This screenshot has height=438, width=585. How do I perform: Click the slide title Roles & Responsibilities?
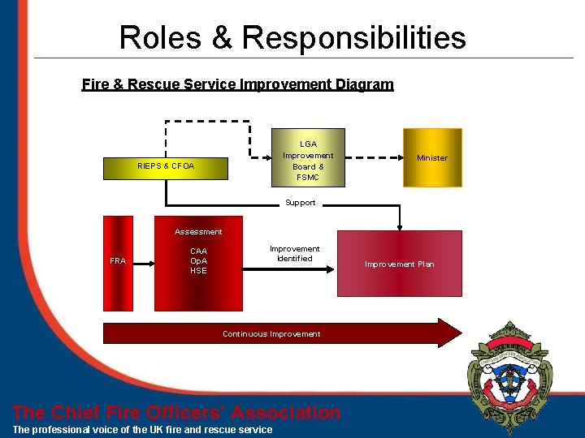tap(292, 37)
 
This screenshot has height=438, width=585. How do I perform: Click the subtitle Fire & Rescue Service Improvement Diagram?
tap(237, 84)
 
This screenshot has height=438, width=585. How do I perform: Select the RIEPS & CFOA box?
tap(166, 166)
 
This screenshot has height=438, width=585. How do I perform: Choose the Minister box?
tap(431, 157)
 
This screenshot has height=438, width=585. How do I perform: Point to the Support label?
tap(300, 203)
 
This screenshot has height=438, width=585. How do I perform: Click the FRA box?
tap(118, 262)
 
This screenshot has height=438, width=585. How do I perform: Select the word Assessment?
tap(198, 232)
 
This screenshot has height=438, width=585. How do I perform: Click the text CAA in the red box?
tap(198, 251)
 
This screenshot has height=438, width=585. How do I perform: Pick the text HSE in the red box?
tap(198, 271)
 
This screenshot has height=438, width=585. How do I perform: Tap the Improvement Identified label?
tap(294, 254)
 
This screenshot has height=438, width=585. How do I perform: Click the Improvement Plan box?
tap(399, 264)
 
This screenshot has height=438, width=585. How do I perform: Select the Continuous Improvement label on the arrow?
tap(271, 334)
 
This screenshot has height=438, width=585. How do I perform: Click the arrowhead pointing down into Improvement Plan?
tap(399, 225)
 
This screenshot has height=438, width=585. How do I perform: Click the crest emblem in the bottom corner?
tap(509, 374)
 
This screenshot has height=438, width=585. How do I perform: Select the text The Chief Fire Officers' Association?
tap(177, 413)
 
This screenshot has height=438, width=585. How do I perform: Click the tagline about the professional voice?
tap(143, 429)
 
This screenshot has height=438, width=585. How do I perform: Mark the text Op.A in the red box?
tap(198, 261)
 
